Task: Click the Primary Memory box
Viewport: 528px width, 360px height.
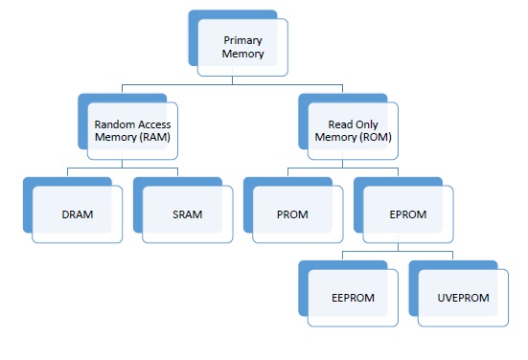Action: [x=241, y=49]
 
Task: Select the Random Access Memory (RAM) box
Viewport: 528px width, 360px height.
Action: [x=131, y=131]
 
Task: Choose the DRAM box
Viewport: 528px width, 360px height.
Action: [x=77, y=214]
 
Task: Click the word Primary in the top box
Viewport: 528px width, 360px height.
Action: [x=242, y=41]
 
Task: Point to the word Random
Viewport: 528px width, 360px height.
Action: [x=114, y=124]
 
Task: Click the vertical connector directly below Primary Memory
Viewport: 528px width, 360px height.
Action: [x=234, y=81]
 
